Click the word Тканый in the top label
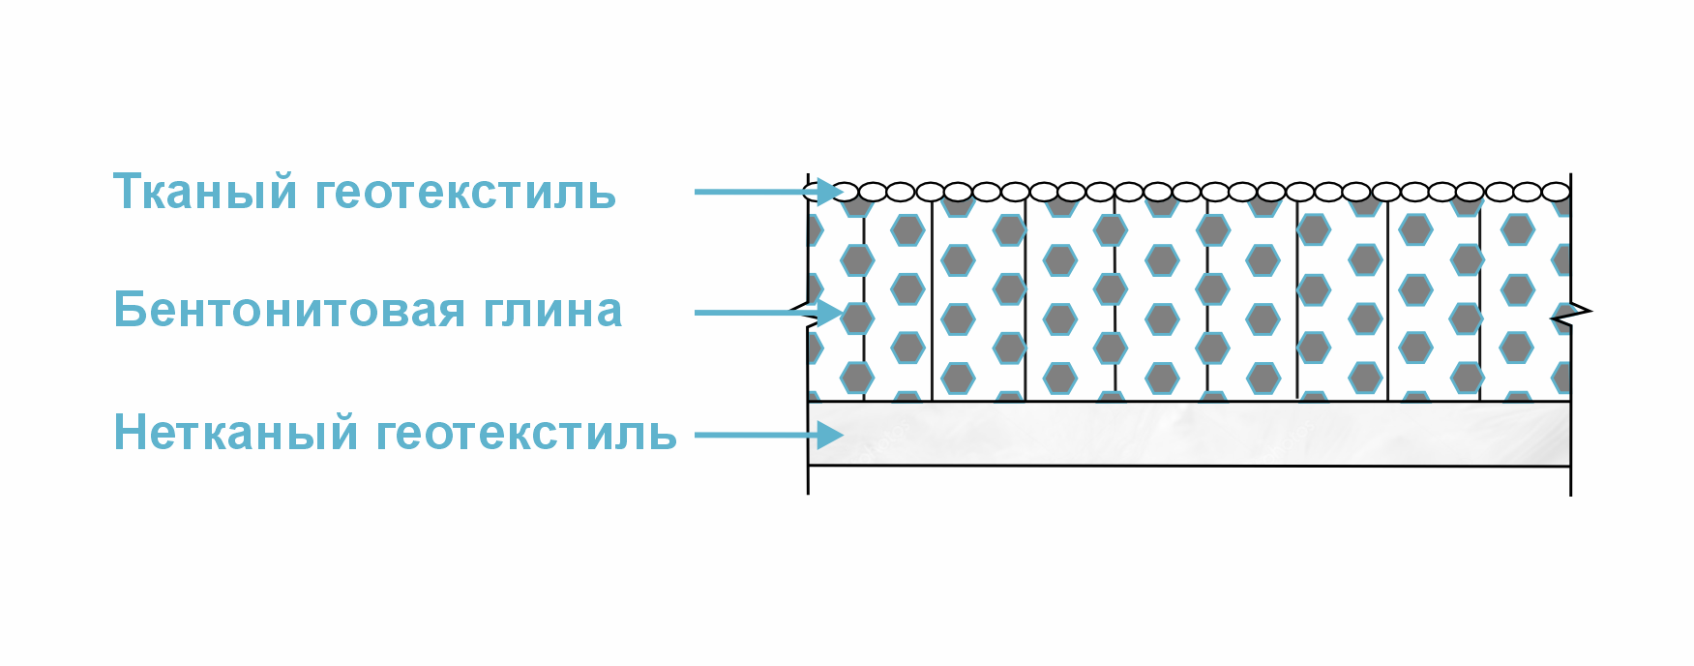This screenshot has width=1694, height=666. [x=205, y=192]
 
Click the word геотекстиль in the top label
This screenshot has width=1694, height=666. [x=465, y=194]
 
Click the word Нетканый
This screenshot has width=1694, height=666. [x=236, y=432]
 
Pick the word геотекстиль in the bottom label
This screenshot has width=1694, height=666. [x=526, y=434]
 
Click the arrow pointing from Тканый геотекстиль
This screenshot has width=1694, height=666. [x=769, y=192]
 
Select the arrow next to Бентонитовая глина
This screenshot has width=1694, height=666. [x=769, y=313]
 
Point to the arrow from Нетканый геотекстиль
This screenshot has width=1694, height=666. [x=769, y=436]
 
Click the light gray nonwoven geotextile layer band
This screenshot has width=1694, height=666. [x=1189, y=434]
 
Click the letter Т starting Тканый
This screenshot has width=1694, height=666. [x=129, y=191]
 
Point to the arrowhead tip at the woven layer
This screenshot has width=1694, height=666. [x=845, y=192]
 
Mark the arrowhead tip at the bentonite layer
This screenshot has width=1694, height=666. [x=845, y=313]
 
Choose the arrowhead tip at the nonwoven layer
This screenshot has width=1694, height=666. [x=845, y=436]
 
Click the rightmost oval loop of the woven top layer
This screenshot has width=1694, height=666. [x=1556, y=192]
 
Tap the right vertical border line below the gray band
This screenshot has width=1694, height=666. [x=1570, y=481]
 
